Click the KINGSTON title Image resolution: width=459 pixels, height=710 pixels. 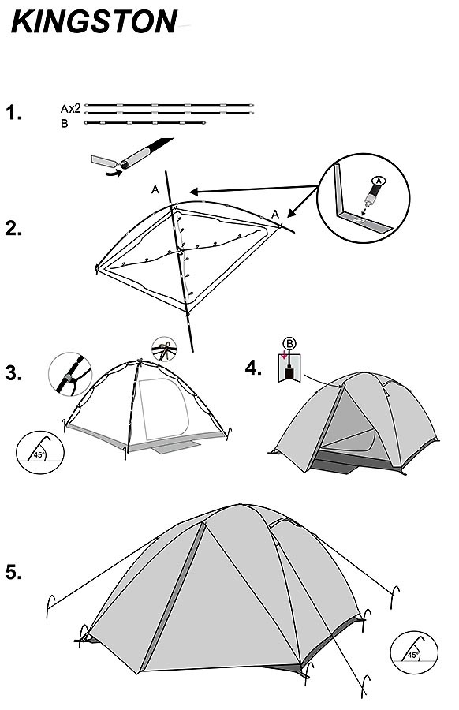click(x=94, y=22)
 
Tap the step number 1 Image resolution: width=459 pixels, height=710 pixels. click(x=13, y=113)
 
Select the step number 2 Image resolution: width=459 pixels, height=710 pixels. click(x=13, y=229)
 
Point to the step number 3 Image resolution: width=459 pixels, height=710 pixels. click(x=13, y=374)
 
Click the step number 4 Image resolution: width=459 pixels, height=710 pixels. click(x=253, y=368)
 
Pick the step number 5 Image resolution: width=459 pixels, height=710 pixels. click(x=13, y=573)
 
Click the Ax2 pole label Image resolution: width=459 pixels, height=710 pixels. click(x=71, y=109)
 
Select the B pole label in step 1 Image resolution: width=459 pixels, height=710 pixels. click(x=65, y=124)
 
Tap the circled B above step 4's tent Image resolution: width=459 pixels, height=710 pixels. click(x=289, y=344)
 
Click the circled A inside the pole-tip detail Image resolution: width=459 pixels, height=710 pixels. click(x=379, y=181)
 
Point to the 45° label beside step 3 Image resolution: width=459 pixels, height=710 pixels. click(x=39, y=455)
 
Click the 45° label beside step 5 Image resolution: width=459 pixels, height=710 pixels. click(x=412, y=655)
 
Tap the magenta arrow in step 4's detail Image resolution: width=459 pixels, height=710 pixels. click(x=284, y=355)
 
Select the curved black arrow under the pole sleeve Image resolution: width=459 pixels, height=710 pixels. click(x=114, y=173)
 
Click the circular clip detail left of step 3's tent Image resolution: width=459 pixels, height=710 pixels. click(x=70, y=375)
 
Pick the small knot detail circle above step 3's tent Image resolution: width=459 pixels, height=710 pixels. click(x=164, y=349)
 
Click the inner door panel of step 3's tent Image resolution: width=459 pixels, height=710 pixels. click(x=164, y=409)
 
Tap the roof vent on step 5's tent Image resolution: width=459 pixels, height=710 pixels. click(x=286, y=523)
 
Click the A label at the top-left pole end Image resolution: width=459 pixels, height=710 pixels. click(x=155, y=190)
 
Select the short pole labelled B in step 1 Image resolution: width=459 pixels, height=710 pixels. click(x=145, y=123)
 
